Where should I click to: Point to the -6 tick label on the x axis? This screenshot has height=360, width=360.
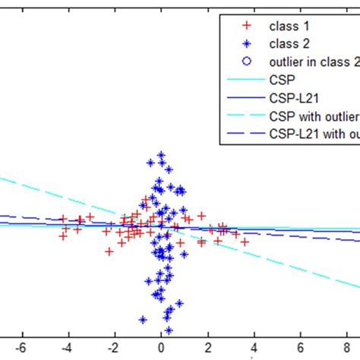(x=21, y=346)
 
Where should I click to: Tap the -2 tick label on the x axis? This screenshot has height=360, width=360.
(x=113, y=346)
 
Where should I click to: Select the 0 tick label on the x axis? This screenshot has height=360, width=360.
(x=161, y=346)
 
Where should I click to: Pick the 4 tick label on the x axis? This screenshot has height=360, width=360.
(x=254, y=346)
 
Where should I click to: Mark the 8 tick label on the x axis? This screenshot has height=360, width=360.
(x=348, y=346)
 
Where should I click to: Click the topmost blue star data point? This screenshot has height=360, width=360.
(x=161, y=155)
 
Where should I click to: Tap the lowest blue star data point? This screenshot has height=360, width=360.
(x=168, y=330)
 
